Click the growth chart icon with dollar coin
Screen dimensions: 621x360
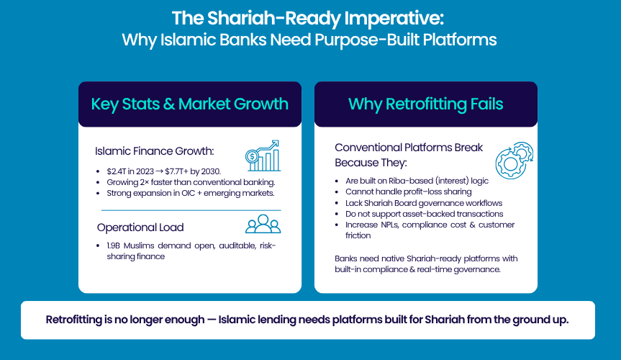click(x=263, y=156)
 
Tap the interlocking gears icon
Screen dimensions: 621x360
click(x=515, y=160)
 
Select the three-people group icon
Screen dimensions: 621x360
click(x=263, y=224)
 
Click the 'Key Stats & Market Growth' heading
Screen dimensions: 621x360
click(x=190, y=104)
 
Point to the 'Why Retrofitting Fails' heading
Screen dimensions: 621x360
click(x=426, y=104)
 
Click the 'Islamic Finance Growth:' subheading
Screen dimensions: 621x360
click(x=155, y=151)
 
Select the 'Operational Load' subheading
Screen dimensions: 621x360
click(x=140, y=228)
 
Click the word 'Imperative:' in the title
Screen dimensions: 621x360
click(x=394, y=19)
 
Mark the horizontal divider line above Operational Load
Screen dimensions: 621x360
click(x=191, y=210)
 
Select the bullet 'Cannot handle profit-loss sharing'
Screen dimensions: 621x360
click(x=408, y=192)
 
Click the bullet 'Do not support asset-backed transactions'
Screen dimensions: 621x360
click(x=424, y=214)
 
